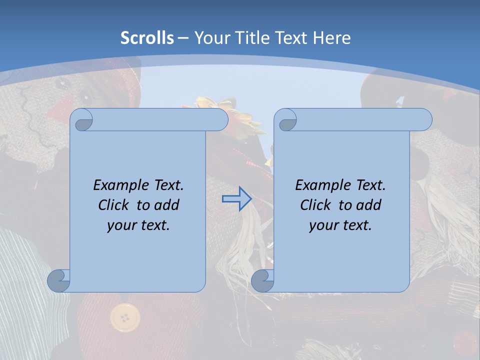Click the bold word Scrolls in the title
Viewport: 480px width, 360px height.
(x=147, y=38)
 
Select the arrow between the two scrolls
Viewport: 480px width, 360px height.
(x=236, y=198)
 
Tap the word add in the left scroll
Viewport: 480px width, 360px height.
(x=166, y=205)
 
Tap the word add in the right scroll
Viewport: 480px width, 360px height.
(x=368, y=205)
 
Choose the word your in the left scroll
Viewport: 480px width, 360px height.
(x=121, y=225)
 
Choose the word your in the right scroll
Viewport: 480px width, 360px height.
(x=323, y=225)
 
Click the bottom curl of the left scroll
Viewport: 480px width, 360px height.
(x=58, y=280)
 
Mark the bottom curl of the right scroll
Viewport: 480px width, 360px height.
(x=262, y=280)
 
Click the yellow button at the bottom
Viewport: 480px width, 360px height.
(x=124, y=317)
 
